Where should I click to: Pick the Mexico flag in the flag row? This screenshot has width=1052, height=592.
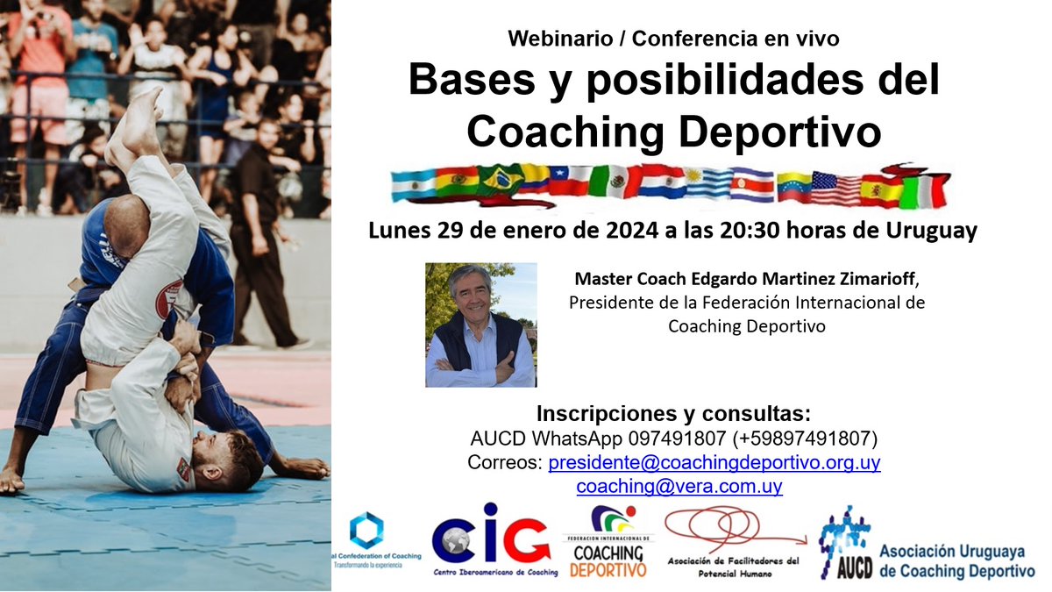(x=614, y=183)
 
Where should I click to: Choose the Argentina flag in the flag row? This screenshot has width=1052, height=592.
(x=414, y=184)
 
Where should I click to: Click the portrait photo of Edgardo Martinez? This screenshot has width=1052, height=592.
(x=480, y=325)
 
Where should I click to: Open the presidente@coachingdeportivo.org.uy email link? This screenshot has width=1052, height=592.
(x=714, y=462)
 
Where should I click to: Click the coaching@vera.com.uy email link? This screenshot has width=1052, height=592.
(x=679, y=486)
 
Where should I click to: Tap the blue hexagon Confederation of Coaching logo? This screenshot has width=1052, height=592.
(x=366, y=531)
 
